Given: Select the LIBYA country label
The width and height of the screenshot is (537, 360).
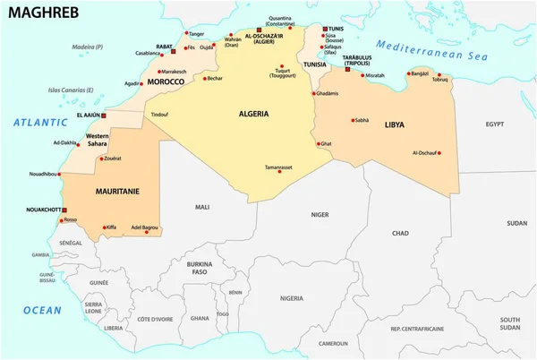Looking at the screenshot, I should [396, 124].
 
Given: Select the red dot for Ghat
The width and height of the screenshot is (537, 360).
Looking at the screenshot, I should [317, 143].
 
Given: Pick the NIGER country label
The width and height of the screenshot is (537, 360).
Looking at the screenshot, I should [320, 214].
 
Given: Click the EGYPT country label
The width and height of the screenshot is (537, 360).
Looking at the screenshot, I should [495, 125].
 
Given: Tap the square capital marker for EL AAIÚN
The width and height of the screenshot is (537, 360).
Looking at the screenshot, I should [104, 116].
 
